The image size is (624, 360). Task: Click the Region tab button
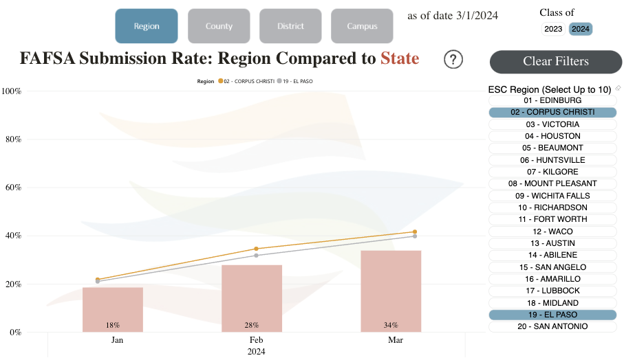[146, 25]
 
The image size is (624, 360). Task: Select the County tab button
[219, 25]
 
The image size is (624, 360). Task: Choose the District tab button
[290, 25]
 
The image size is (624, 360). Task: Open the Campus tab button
[362, 25]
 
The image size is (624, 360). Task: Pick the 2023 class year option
[553, 29]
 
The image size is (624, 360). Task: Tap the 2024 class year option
[580, 29]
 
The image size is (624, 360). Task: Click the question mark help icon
[453, 60]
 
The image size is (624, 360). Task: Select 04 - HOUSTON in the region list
[553, 136]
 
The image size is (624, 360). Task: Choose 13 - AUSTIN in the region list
[553, 243]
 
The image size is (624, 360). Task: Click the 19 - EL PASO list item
[553, 315]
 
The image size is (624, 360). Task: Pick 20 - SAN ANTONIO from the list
[553, 327]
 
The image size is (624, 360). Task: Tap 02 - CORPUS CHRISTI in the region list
[553, 112]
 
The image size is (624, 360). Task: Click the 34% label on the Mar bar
[391, 325]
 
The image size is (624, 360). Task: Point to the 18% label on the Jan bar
[113, 325]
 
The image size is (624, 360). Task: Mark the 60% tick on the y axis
[12, 188]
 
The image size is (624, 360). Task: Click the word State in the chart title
[399, 59]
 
